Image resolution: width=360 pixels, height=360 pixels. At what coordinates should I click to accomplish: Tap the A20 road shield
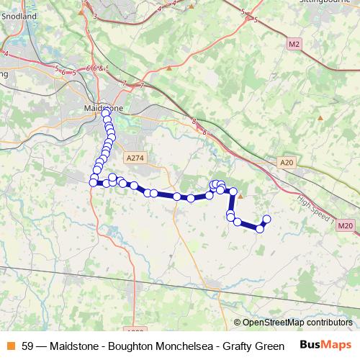(x=287, y=163)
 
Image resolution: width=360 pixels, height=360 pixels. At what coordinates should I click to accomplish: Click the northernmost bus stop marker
(x=106, y=113)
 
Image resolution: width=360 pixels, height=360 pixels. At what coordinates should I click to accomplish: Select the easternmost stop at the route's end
(x=266, y=219)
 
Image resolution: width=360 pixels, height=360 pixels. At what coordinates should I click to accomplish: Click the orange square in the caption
(x=10, y=345)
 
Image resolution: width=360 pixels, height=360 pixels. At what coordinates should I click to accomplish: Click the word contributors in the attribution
(x=331, y=323)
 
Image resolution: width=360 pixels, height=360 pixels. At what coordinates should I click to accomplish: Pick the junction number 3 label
(x=95, y=14)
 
